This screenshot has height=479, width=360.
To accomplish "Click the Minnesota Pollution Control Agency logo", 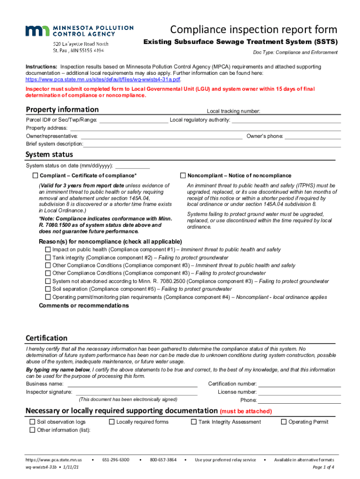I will [79, 31].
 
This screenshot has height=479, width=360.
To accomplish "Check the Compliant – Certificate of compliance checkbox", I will [35, 176].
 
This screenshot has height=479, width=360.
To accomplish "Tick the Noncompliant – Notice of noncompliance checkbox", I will [183, 176].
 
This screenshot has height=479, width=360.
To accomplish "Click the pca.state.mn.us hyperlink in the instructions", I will [103, 80].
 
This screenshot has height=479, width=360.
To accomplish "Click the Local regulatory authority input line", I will [286, 120].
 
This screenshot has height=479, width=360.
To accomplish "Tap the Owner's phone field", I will [313, 136].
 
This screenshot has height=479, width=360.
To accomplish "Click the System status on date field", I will [132, 166].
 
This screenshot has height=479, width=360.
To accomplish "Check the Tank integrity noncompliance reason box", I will [48, 258].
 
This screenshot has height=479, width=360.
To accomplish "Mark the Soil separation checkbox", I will [48, 289].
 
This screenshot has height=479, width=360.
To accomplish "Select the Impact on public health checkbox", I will [48, 250].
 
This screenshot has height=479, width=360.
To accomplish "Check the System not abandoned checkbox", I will [48, 282].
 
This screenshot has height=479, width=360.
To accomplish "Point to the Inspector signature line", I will [136, 392].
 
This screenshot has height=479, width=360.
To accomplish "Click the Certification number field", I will [300, 384].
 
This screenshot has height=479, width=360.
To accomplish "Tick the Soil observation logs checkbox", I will [32, 422].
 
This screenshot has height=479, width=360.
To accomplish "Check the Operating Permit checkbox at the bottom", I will [283, 422].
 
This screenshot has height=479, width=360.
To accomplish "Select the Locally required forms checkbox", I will [112, 422].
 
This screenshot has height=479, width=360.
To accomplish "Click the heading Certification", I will [46, 338].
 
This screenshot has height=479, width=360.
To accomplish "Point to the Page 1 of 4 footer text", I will [323, 467].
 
